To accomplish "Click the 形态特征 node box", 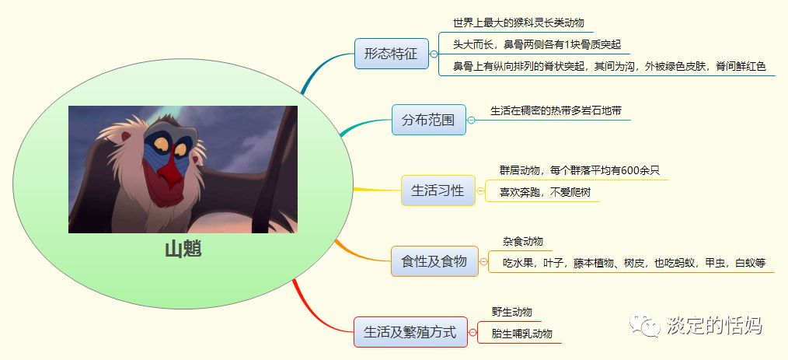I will (391, 54).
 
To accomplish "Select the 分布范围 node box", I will (428, 121).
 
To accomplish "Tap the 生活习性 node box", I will (438, 190).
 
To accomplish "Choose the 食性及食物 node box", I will (434, 261).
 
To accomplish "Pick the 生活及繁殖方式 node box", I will (410, 331).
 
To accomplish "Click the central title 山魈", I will (183, 250).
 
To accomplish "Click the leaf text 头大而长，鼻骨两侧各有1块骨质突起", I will (537, 44).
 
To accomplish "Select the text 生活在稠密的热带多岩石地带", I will (556, 110).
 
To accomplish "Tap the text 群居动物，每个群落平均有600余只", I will (579, 170).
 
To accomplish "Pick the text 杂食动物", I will (522, 241).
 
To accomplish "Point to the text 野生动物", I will (511, 312).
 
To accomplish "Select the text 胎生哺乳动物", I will (521, 334).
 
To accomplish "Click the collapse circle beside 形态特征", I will (433, 54).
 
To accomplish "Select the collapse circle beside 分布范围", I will (471, 121).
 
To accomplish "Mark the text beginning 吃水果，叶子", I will (633, 263).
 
